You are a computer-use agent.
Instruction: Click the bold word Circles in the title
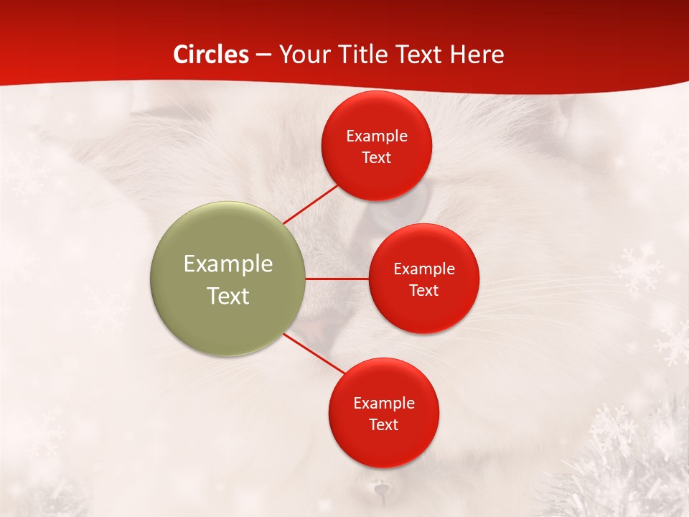(211, 55)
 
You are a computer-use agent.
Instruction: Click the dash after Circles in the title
(263, 55)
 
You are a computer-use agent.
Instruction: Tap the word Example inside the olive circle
(228, 264)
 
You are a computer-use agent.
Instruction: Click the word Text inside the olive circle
(228, 296)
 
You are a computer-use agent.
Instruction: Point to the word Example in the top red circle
(377, 136)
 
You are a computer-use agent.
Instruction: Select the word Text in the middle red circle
(423, 290)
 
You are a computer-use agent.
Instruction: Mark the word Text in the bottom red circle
(383, 424)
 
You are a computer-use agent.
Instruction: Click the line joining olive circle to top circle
(310, 204)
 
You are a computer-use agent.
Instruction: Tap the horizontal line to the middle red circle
(337, 279)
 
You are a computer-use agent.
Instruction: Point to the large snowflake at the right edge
(639, 269)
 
